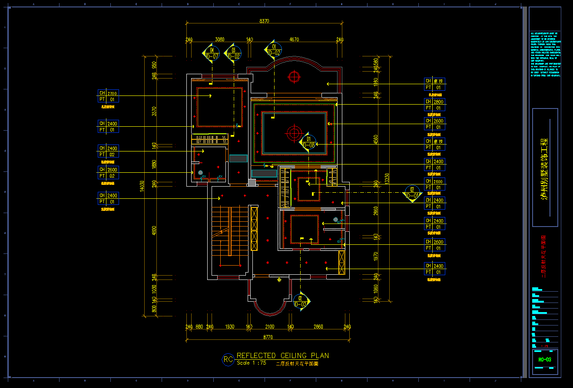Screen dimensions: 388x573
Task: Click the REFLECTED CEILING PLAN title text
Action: coord(282,355)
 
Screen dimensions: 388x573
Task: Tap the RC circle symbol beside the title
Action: coord(228,359)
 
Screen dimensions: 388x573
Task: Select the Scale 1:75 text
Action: coord(252,363)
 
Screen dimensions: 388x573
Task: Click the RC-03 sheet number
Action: coord(544,359)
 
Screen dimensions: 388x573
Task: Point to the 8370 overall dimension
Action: coord(264,21)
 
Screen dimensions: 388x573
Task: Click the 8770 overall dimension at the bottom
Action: coord(268,337)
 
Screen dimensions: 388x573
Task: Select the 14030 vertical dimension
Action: coord(142,186)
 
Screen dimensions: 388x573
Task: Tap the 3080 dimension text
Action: coord(220,39)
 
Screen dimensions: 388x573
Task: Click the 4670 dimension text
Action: coord(294,39)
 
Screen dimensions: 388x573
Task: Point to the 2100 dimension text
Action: coord(269,326)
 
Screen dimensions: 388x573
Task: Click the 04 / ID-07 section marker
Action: coord(212,53)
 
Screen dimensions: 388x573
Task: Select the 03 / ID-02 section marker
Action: coord(233,53)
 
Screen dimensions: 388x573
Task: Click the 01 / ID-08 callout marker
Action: coord(308,142)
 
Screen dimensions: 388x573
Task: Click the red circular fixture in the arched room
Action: coord(295,77)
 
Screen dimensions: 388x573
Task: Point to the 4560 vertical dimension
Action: coord(376,139)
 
